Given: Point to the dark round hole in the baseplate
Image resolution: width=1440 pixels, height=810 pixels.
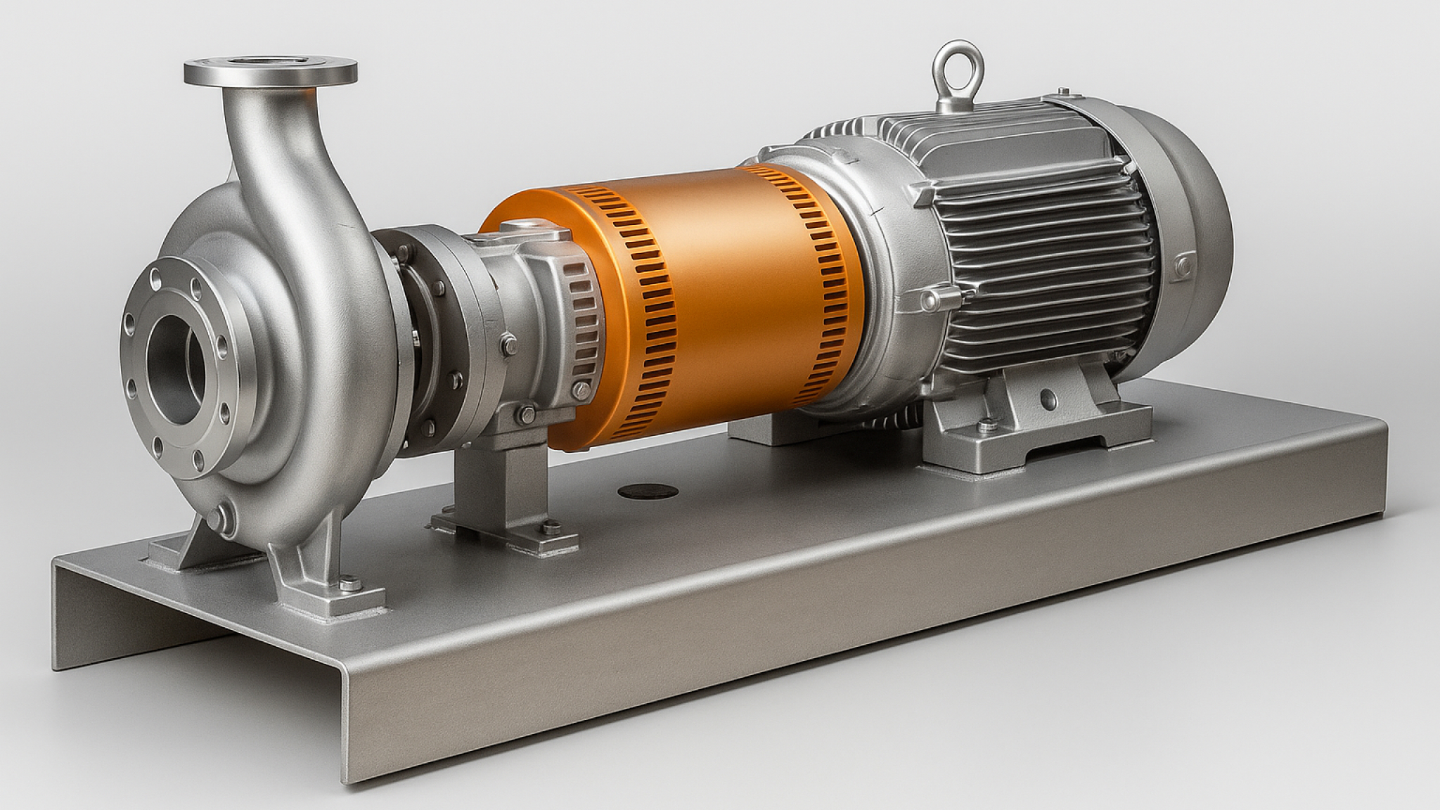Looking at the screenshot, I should (648, 491).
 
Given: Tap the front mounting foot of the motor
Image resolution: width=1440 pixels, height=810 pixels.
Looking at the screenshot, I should (1034, 422).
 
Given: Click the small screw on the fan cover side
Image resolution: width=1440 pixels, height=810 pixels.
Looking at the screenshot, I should (1179, 266).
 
